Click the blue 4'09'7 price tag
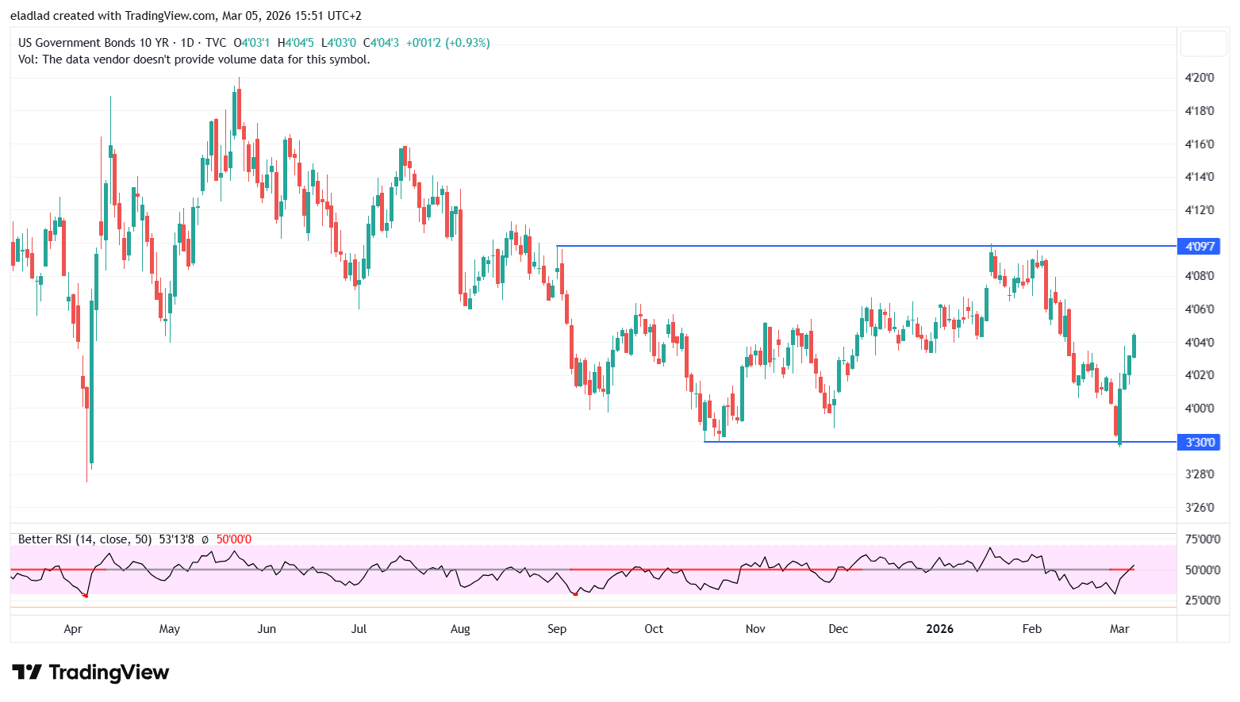click(x=1200, y=246)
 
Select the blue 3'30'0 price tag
click(x=1200, y=442)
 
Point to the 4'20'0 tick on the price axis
click(x=1200, y=78)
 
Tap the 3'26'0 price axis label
click(x=1200, y=508)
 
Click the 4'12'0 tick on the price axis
click(x=1200, y=210)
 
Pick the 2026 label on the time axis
click(x=940, y=629)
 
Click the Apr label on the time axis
click(x=73, y=629)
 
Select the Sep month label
click(x=557, y=629)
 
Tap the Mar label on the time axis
click(x=1119, y=629)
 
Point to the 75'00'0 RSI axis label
click(x=1203, y=539)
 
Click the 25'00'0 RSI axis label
click(x=1203, y=600)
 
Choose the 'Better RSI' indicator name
click(x=46, y=539)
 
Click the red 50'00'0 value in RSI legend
click(x=234, y=539)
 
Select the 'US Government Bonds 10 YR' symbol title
click(x=94, y=43)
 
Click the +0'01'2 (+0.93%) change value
click(x=448, y=43)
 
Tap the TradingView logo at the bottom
click(x=90, y=673)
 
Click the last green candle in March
click(x=1134, y=346)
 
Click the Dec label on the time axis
click(x=839, y=629)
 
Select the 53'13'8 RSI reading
click(x=177, y=539)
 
